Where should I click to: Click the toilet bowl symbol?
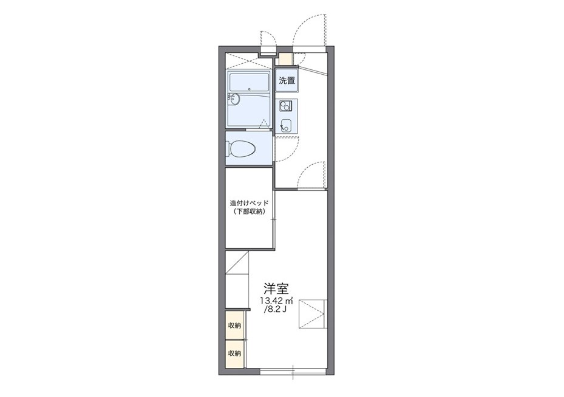click(241, 148)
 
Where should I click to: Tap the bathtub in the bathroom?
click(250, 83)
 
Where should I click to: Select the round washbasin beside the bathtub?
click(233, 99)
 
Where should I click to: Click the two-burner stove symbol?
click(286, 106)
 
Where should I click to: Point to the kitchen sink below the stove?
click(286, 125)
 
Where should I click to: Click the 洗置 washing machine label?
click(287, 80)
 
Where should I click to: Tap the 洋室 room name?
click(276, 288)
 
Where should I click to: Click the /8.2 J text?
click(275, 309)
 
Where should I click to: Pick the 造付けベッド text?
click(250, 203)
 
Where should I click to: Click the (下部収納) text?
click(250, 212)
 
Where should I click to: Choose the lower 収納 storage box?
click(234, 354)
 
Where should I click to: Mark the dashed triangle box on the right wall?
click(313, 314)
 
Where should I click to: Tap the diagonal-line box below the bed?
click(237, 263)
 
